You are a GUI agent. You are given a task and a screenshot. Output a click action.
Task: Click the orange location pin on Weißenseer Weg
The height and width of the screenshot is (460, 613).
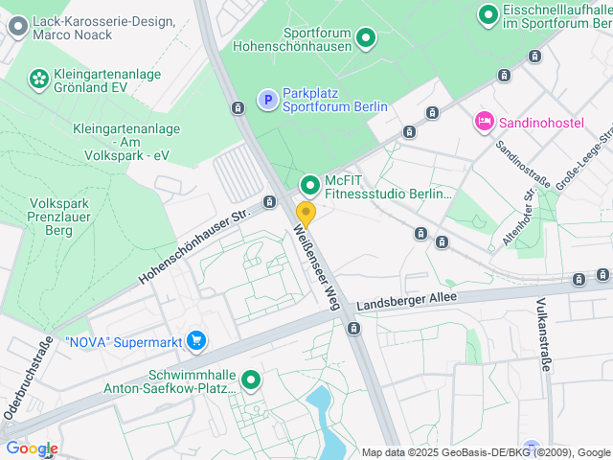306,213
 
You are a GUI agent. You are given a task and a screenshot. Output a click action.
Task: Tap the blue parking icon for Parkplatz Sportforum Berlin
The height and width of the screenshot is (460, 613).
268,100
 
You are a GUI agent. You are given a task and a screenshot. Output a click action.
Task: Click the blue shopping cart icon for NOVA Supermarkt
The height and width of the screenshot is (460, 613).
196,340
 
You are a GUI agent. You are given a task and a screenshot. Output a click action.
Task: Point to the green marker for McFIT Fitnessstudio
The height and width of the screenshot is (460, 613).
309,185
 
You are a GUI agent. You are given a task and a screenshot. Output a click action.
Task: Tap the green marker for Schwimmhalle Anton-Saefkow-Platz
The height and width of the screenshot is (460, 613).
251,381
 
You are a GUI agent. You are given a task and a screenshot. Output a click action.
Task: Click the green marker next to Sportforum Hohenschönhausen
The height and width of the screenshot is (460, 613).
365,39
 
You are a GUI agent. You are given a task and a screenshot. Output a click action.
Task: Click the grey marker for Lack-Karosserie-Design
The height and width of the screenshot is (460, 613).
16,27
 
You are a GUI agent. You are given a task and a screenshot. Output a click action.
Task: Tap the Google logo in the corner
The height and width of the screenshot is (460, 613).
32,448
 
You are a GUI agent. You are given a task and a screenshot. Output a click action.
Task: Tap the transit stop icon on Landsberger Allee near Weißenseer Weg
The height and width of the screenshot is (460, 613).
354,329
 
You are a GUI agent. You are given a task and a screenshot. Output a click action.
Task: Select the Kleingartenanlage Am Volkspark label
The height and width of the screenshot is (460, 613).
121,141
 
